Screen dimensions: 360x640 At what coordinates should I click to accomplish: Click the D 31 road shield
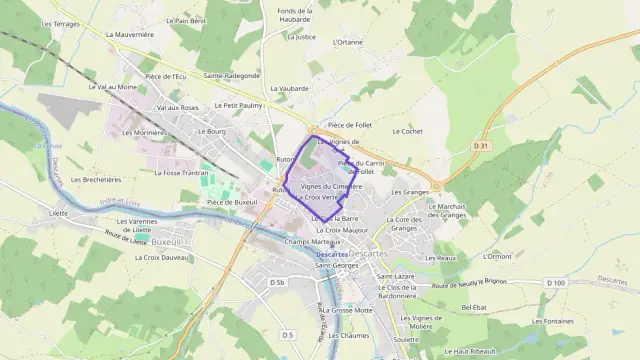481,146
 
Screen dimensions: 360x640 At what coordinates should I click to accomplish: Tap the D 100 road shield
556,283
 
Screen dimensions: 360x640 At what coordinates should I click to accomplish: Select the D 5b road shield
277,283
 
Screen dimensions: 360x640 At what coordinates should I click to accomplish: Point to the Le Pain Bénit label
186,20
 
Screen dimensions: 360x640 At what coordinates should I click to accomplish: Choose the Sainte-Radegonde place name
232,75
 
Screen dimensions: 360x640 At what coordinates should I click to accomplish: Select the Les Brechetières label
96,180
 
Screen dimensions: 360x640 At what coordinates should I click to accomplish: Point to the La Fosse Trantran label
181,172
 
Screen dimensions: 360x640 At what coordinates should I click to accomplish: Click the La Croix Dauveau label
161,258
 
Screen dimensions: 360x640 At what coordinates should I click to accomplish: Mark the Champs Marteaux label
306,241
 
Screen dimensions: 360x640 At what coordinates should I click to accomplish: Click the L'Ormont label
496,256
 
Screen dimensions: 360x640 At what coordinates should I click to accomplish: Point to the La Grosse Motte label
347,310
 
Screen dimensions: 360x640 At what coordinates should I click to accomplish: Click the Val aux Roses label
177,107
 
